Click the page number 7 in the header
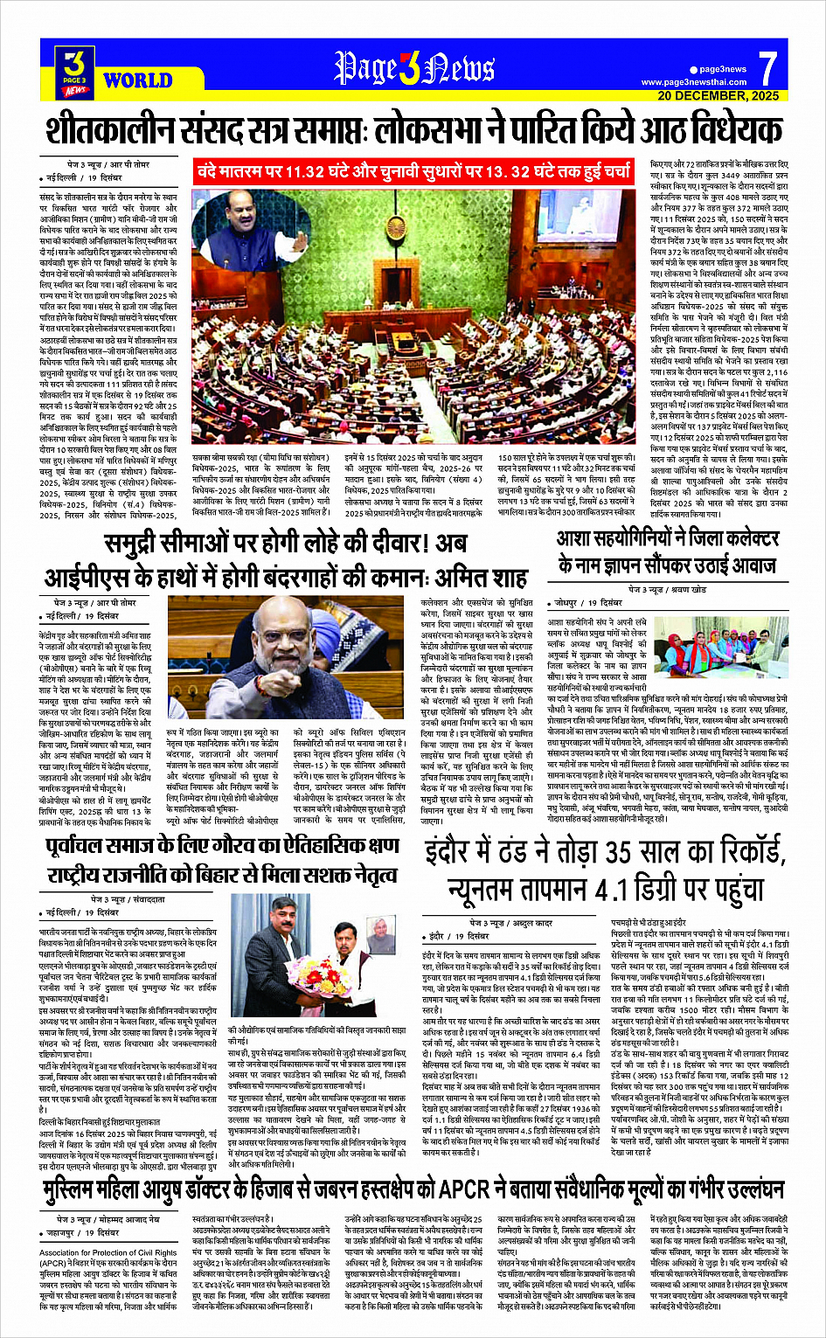click(x=767, y=68)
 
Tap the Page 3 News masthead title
click(x=414, y=68)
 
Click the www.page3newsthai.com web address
click(x=694, y=82)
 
